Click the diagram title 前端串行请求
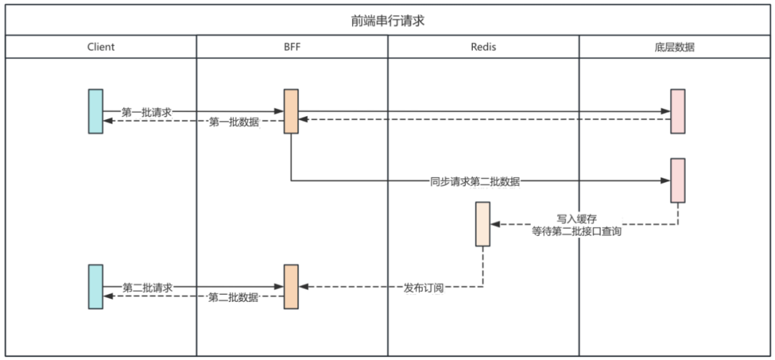pos(387,20)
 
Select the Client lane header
pos(101,47)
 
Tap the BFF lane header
pos(292,47)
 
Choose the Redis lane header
pos(483,47)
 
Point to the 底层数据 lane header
pos(675,47)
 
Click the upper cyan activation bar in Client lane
pos(95,111)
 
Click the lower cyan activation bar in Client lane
pos(95,286)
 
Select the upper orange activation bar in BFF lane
pos(291,111)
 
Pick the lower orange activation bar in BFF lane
pos(291,286)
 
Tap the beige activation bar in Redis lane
pos(483,224)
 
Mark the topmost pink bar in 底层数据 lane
pos(677,111)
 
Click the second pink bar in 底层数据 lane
pos(677,180)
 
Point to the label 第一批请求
pos(146,112)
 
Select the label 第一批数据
pos(233,123)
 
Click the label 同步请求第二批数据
pos(475,181)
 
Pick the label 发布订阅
pos(424,288)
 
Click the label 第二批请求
pos(147,287)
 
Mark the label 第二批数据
pos(233,298)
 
